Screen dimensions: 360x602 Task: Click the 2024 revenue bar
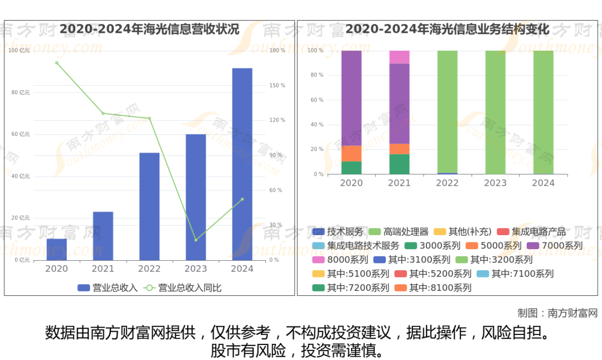click(242, 164)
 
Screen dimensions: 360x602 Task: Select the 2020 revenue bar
click(56, 249)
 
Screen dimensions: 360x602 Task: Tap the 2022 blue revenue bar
click(149, 206)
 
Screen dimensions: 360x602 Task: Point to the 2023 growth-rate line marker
click(196, 240)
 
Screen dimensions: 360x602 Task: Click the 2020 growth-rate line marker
click(56, 62)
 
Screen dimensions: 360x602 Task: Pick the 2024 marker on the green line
click(242, 199)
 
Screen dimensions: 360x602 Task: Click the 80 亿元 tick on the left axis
click(21, 93)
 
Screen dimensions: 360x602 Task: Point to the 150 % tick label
click(278, 86)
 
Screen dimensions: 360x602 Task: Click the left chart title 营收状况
click(149, 29)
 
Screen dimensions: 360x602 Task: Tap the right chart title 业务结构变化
click(447, 29)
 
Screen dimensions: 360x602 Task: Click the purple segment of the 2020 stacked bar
click(351, 98)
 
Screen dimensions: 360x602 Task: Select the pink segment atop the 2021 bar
click(399, 57)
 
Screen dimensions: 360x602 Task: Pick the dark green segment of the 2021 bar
click(399, 164)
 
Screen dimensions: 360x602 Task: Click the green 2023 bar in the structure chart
click(495, 112)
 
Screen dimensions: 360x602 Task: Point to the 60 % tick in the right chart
click(316, 100)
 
